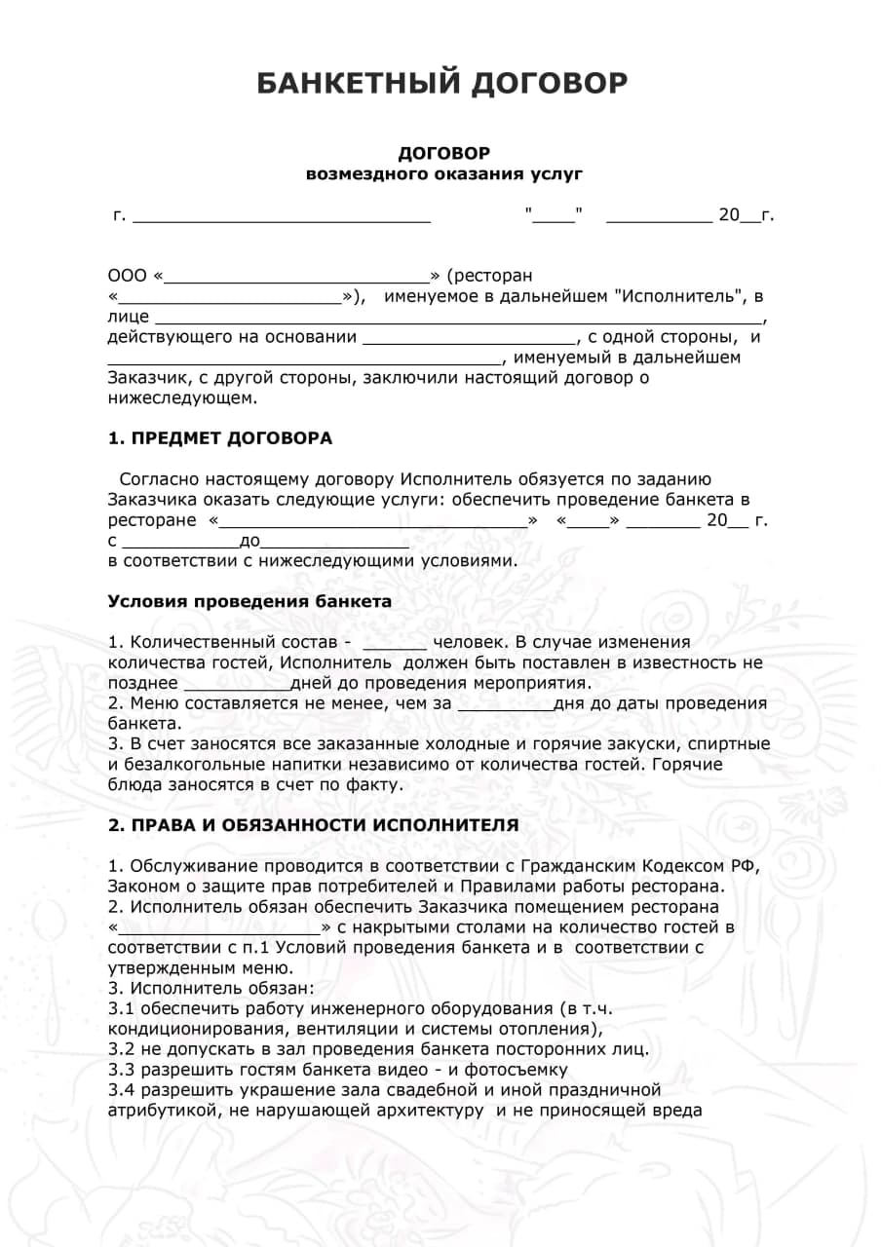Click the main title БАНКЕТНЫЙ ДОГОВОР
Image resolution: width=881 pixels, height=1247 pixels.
coord(441,83)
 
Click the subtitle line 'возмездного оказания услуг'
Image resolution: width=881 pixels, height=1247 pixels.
coord(443,174)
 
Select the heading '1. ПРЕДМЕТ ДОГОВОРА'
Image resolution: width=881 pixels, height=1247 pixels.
coord(219,438)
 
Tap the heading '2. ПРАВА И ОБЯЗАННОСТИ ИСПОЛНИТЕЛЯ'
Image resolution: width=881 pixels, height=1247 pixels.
coord(313,825)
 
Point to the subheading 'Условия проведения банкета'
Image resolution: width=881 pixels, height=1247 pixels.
coord(249,601)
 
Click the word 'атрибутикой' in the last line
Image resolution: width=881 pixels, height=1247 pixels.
coord(162,1111)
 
